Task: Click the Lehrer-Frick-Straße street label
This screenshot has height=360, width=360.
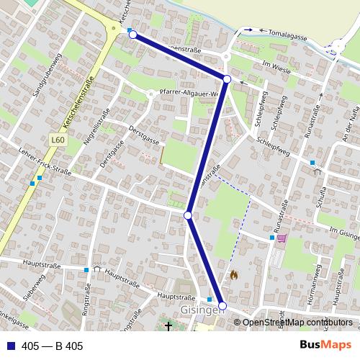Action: [x=46, y=168]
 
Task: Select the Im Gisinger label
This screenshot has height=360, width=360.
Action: [x=343, y=233]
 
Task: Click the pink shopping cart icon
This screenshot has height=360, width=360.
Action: [x=282, y=238]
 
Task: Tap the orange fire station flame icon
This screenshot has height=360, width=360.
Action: [x=233, y=274]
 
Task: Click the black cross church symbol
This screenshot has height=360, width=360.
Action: [x=169, y=326]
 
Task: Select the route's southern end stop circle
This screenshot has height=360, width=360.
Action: [x=222, y=307]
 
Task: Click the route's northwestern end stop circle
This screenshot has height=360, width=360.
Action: [x=132, y=34]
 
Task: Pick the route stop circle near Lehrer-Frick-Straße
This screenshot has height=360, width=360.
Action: [x=188, y=215]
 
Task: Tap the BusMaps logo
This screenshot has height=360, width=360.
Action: [x=325, y=346]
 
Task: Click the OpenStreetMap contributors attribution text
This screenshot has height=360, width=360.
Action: [x=297, y=322]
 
